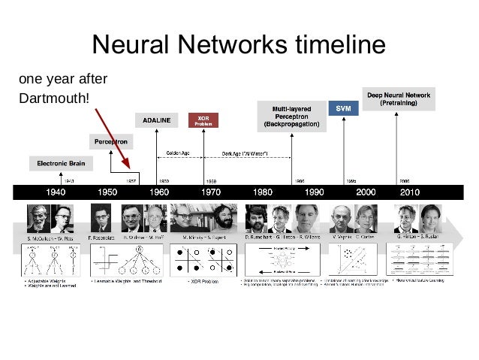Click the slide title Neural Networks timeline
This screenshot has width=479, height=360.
239,47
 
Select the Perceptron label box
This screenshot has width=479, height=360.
109,141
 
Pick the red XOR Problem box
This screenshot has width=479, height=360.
203,120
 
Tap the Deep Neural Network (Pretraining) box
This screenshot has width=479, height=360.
399,98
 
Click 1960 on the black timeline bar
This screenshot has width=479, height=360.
158,192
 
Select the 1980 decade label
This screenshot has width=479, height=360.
262,192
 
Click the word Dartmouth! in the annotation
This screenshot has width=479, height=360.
59,98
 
